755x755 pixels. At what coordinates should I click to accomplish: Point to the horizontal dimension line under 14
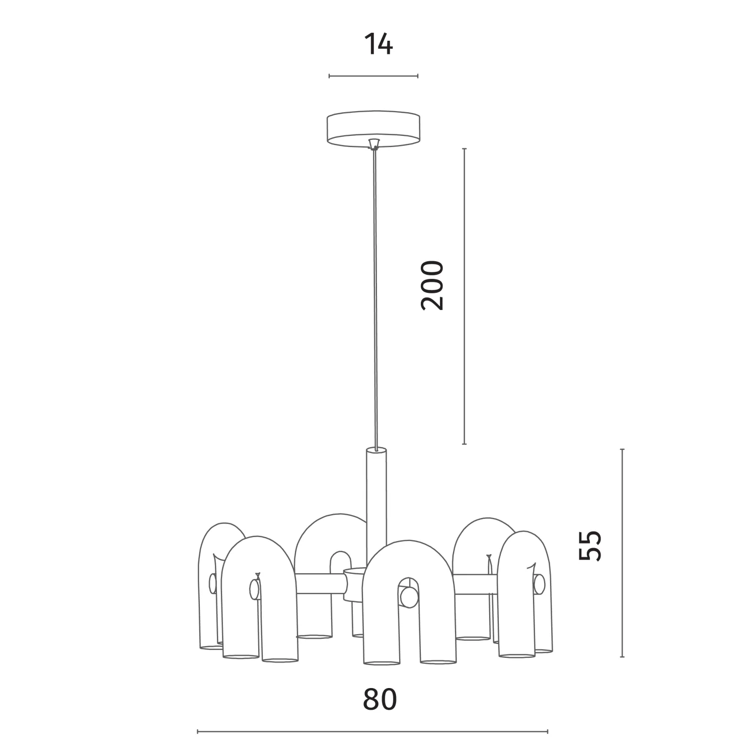tap(373, 76)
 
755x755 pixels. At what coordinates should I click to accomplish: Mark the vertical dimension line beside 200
tap(464, 297)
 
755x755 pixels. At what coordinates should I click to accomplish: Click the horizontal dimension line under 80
tap(372, 731)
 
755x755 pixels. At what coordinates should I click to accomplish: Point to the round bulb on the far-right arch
tap(539, 584)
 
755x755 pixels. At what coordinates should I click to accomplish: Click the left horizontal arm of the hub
tap(321, 584)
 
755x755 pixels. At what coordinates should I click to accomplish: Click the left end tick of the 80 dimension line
tap(198, 731)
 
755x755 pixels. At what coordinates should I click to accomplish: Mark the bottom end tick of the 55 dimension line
tap(623, 657)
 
